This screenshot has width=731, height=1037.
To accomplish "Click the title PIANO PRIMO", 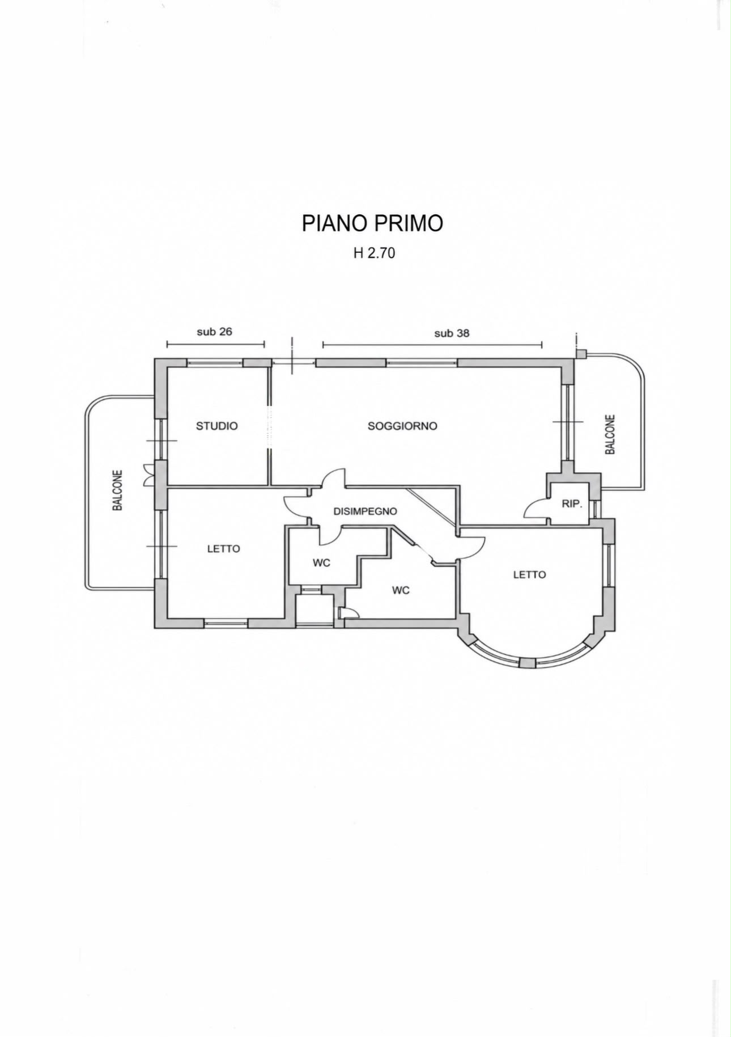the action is tap(372, 223).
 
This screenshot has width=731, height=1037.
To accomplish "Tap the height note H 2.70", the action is tap(374, 253).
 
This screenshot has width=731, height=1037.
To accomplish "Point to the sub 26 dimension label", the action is tap(214, 332).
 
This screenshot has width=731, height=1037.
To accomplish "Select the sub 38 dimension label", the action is tap(452, 333).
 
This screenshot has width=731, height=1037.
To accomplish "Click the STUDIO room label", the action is tap(216, 426).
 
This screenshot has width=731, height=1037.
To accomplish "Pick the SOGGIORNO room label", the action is tap(402, 426).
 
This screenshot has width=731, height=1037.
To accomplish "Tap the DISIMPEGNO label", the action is tap(365, 511).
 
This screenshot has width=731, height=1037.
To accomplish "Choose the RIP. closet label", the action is tap(572, 503).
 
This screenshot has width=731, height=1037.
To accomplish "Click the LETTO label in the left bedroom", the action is tap(223, 549).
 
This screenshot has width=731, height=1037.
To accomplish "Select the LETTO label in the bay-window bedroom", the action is tap(529, 574).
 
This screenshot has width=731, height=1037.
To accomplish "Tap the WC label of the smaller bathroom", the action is tap(321, 564).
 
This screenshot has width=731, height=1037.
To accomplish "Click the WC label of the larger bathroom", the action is tap(401, 590).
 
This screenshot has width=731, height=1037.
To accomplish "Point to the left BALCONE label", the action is tap(118, 490).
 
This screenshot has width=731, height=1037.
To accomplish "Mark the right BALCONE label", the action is tap(610, 435).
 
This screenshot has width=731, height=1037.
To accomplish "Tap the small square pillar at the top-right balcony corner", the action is tap(581, 354).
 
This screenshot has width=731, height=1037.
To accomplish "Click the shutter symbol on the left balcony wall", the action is tap(148, 475).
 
